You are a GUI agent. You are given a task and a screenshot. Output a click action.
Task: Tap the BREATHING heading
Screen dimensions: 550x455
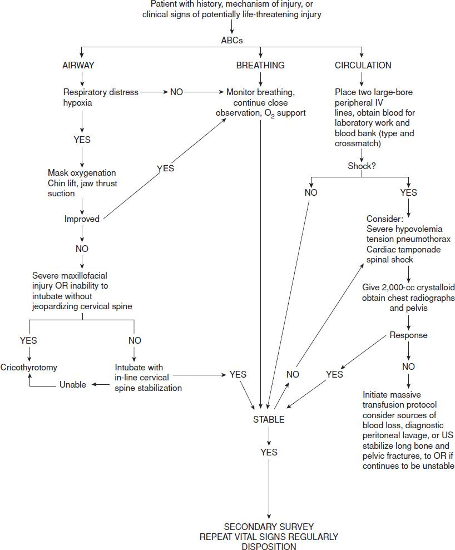260,65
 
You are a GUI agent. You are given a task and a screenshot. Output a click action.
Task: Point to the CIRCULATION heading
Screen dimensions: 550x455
363,65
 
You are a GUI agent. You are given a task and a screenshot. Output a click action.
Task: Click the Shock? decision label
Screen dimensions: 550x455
362,165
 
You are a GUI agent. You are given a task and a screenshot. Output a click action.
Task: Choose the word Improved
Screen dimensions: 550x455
82,219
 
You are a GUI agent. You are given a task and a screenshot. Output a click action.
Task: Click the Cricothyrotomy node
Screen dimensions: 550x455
28,368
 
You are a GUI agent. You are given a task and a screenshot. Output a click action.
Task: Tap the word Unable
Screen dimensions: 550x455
73,384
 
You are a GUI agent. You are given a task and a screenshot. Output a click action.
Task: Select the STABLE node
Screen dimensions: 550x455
269,419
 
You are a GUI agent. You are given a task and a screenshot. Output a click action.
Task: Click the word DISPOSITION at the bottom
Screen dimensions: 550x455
269,546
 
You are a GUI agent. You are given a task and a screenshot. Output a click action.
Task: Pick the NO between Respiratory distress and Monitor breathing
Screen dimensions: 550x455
176,92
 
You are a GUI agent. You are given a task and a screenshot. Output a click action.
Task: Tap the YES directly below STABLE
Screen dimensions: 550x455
269,452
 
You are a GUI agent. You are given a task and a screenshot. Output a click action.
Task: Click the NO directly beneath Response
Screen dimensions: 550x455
408,366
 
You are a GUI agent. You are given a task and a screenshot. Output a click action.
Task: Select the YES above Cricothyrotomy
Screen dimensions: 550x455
28,340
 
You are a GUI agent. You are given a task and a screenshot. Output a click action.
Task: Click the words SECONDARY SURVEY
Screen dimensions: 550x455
269,526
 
